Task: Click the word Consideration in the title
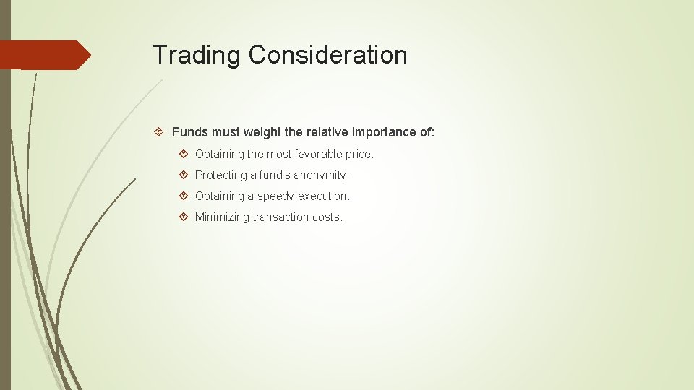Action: click(x=327, y=55)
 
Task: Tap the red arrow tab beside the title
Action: click(x=45, y=55)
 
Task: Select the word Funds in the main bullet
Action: click(x=189, y=131)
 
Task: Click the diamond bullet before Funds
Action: click(x=161, y=131)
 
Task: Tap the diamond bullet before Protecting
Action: click(x=184, y=175)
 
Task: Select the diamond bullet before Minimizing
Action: click(x=184, y=217)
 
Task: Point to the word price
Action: click(x=359, y=155)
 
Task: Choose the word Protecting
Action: click(x=221, y=175)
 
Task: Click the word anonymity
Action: click(x=321, y=175)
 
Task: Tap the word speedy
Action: click(x=276, y=196)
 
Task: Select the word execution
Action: click(x=324, y=196)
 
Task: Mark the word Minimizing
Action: click(x=222, y=217)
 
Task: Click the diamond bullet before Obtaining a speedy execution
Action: click(x=184, y=196)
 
